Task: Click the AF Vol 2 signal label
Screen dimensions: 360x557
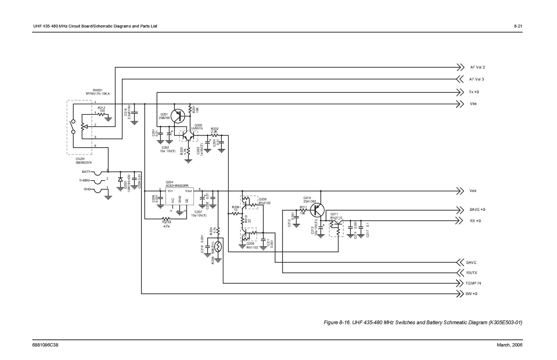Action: (x=477, y=67)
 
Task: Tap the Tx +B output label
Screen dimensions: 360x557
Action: (x=474, y=92)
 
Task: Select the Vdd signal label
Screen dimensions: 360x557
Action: (x=473, y=191)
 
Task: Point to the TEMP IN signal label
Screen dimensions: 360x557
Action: (x=473, y=283)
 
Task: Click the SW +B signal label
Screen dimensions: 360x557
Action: (x=471, y=294)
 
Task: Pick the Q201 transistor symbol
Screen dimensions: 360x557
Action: (x=179, y=116)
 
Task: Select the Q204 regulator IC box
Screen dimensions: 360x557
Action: (x=179, y=197)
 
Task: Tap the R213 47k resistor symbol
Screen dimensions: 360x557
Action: (x=166, y=219)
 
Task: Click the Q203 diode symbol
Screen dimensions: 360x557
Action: (x=120, y=180)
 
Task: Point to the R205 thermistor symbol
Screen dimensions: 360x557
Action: (x=218, y=247)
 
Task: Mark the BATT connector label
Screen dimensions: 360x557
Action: (x=86, y=172)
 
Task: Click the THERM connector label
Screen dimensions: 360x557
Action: (x=85, y=181)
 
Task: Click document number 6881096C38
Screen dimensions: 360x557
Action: (x=45, y=345)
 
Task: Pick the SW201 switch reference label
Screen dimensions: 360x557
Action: (x=97, y=90)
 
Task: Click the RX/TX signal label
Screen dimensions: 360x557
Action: (x=471, y=273)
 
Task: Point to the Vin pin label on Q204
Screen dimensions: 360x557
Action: (x=170, y=191)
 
